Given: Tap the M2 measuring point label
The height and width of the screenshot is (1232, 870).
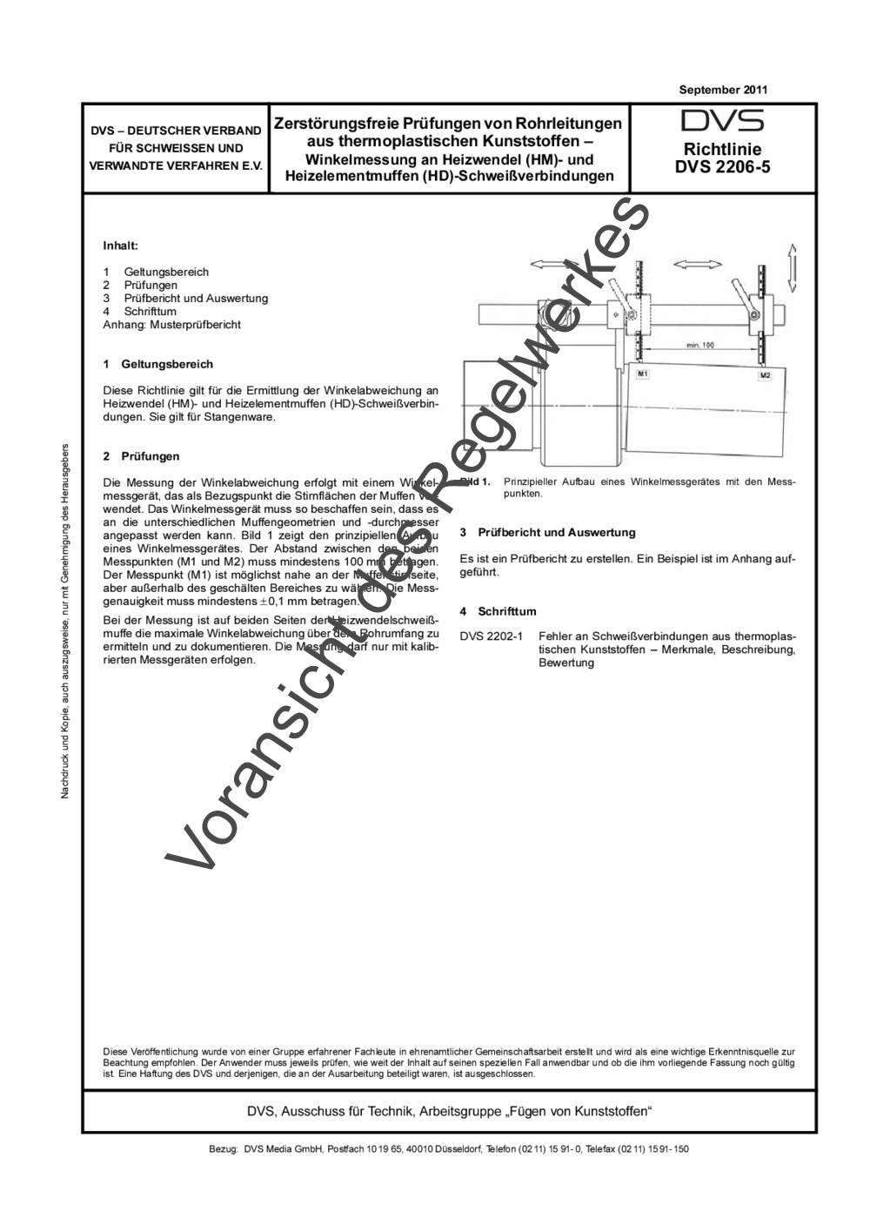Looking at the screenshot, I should (765, 375).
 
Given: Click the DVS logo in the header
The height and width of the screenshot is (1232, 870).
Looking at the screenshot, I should (722, 121).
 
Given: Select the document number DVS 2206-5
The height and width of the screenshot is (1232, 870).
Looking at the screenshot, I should (722, 166).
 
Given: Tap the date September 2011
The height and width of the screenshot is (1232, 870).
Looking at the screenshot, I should (723, 90).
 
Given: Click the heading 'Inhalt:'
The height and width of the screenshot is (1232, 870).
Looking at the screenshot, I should (121, 246).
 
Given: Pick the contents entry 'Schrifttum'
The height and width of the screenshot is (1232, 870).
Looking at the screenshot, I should (151, 311).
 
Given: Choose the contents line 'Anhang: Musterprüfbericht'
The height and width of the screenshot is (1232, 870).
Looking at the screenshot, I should (171, 324).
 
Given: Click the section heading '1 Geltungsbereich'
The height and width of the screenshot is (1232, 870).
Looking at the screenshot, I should (157, 364).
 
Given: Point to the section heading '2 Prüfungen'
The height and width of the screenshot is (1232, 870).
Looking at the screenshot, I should (141, 455).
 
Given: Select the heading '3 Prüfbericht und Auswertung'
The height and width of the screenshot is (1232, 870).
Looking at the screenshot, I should (547, 532).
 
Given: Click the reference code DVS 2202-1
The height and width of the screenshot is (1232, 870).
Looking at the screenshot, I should (492, 636).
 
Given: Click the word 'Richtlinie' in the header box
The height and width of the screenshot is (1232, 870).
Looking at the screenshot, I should (722, 149).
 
